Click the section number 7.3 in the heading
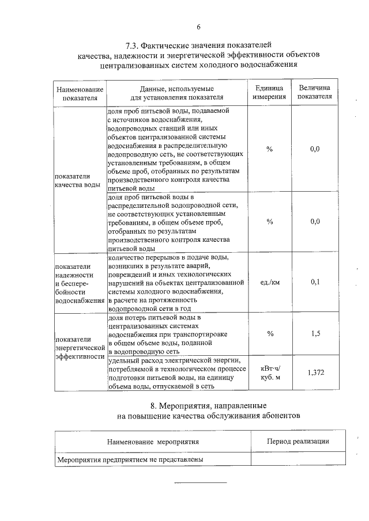(132, 44)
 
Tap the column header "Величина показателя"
(314, 93)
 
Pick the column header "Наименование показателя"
(80, 93)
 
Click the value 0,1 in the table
(315, 282)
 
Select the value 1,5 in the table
(315, 333)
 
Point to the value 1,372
(315, 372)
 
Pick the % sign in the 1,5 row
(269, 333)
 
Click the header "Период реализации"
(298, 441)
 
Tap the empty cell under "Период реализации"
(298, 459)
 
